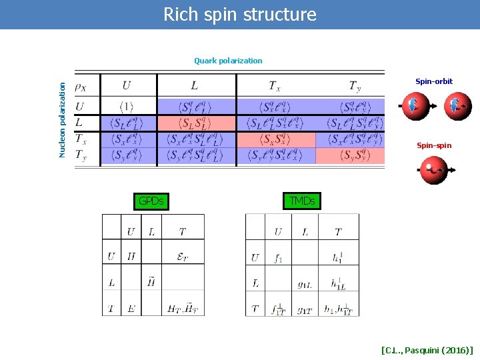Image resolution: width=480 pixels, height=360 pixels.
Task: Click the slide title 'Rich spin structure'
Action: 240,14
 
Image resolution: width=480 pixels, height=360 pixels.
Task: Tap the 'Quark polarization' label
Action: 228,61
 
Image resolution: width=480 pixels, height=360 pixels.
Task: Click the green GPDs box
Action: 151,201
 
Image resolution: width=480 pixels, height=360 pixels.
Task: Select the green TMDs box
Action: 302,201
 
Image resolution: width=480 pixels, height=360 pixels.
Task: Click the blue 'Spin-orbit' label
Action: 433,81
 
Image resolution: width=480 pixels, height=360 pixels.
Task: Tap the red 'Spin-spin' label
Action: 433,145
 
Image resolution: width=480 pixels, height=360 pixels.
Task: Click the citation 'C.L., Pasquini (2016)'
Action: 427,349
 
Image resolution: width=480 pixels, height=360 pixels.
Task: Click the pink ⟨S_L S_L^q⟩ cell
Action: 197,123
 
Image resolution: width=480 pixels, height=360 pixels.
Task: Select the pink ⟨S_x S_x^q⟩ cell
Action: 276,140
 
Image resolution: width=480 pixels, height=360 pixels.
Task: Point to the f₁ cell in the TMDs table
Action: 277,258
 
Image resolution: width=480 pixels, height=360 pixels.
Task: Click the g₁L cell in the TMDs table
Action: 304,283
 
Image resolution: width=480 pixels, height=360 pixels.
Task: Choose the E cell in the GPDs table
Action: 131,309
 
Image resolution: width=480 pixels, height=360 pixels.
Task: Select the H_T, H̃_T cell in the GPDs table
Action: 182,309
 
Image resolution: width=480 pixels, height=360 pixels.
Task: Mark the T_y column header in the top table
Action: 355,85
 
